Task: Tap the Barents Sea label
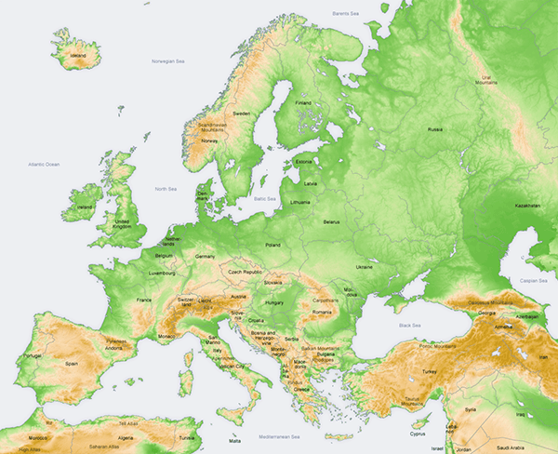tap(348, 14)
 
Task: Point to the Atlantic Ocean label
tap(43, 164)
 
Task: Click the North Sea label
tap(166, 188)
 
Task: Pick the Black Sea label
tap(409, 325)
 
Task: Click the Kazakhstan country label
tap(525, 206)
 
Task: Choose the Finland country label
tap(303, 102)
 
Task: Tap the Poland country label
tap(272, 245)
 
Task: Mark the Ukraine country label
tap(364, 267)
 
